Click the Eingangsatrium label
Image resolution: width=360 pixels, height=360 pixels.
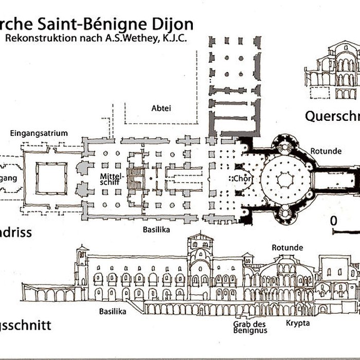point(39,133)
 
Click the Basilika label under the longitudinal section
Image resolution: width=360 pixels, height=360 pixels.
point(113,311)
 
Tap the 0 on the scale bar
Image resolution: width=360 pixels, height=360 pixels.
point(333,221)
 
